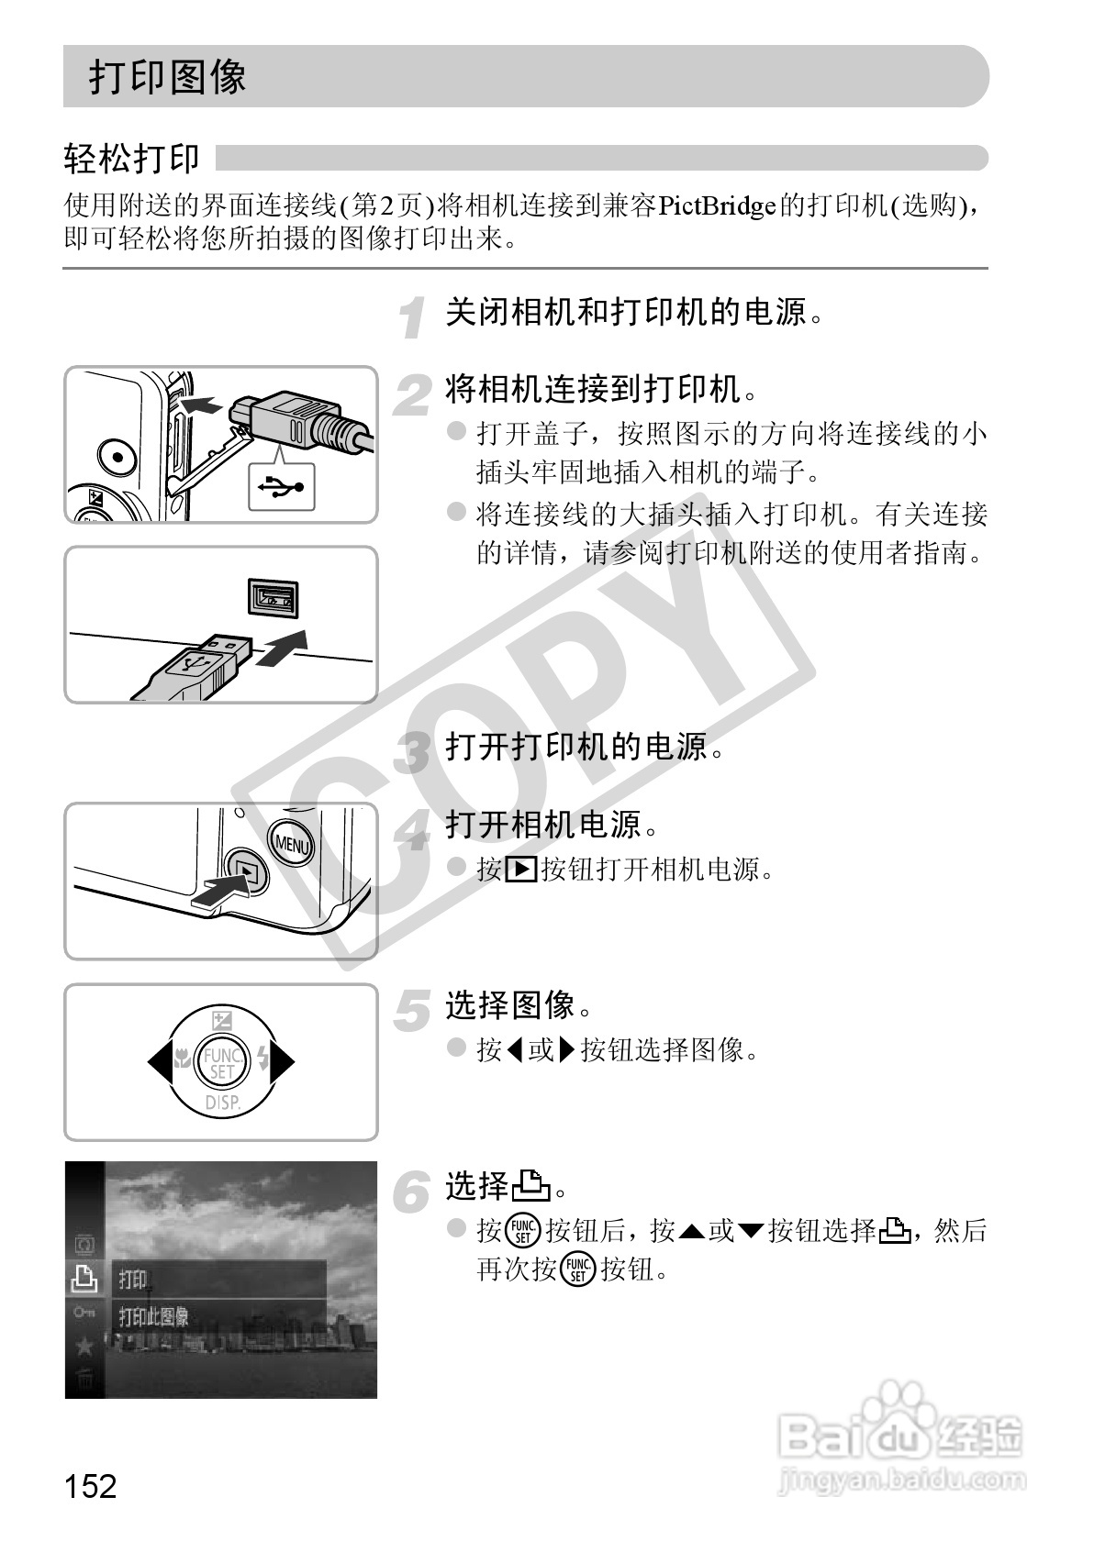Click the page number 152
click(x=91, y=1485)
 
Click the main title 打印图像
click(x=167, y=77)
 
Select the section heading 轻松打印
click(x=131, y=159)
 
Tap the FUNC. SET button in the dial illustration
click(x=221, y=1062)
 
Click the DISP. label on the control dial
click(x=221, y=1102)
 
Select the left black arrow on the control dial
click(x=159, y=1062)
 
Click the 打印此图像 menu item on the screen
click(x=154, y=1317)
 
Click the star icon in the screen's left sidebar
click(x=84, y=1346)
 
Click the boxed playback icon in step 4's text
click(x=520, y=868)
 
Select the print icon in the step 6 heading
click(x=530, y=1187)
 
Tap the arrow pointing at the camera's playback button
click(x=220, y=892)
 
